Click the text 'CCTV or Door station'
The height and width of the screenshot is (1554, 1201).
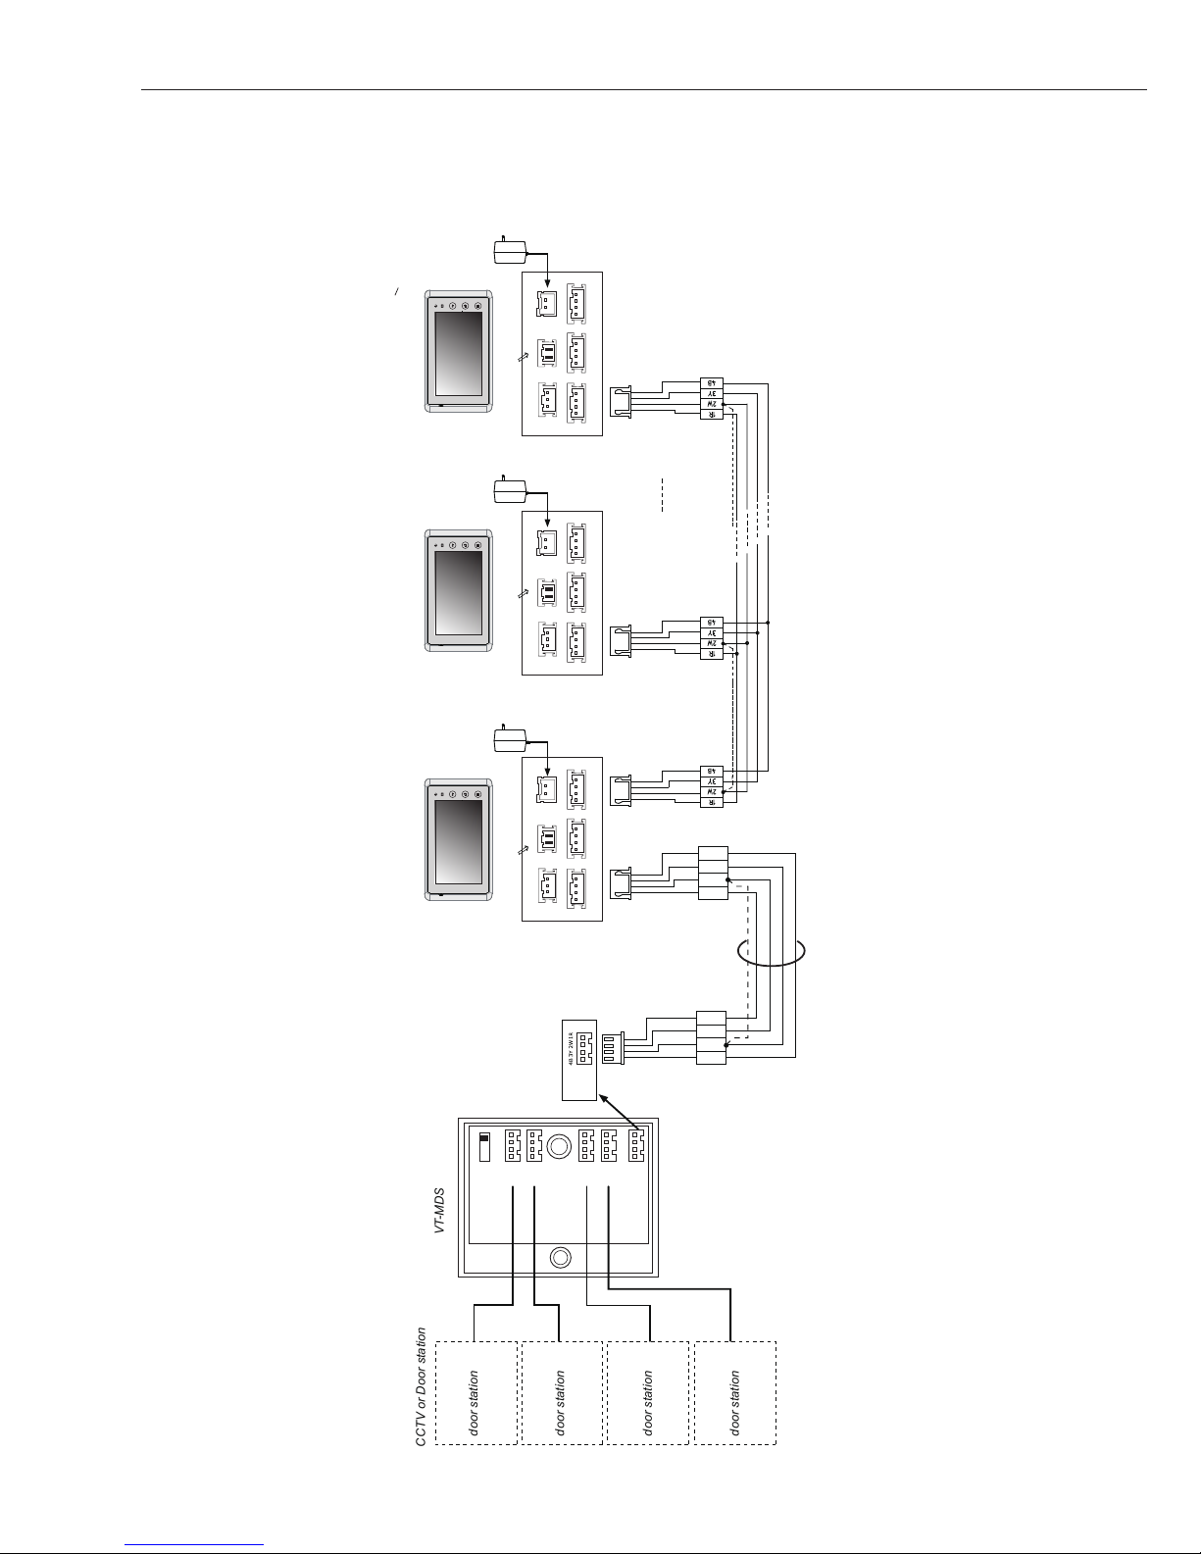click(x=422, y=1384)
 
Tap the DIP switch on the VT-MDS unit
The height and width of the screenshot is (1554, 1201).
click(x=483, y=1146)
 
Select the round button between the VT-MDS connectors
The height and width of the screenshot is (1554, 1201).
click(x=560, y=1145)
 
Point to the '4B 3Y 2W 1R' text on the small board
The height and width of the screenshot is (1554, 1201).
click(x=571, y=1046)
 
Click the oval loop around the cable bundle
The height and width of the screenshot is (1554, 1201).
click(x=772, y=951)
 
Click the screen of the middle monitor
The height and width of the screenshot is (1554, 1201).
click(x=459, y=593)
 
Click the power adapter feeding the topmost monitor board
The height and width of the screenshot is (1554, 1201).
click(x=509, y=253)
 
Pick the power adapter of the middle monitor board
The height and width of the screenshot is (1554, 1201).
click(x=509, y=491)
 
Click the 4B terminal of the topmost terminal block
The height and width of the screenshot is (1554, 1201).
click(x=712, y=383)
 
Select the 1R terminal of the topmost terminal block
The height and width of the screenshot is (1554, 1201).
click(x=712, y=414)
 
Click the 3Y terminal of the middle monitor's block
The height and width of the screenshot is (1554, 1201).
click(x=712, y=633)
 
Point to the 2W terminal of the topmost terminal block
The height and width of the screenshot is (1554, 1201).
click(x=712, y=404)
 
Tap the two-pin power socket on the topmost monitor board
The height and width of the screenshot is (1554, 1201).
click(x=544, y=303)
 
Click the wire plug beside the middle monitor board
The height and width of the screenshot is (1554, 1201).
click(x=621, y=641)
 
